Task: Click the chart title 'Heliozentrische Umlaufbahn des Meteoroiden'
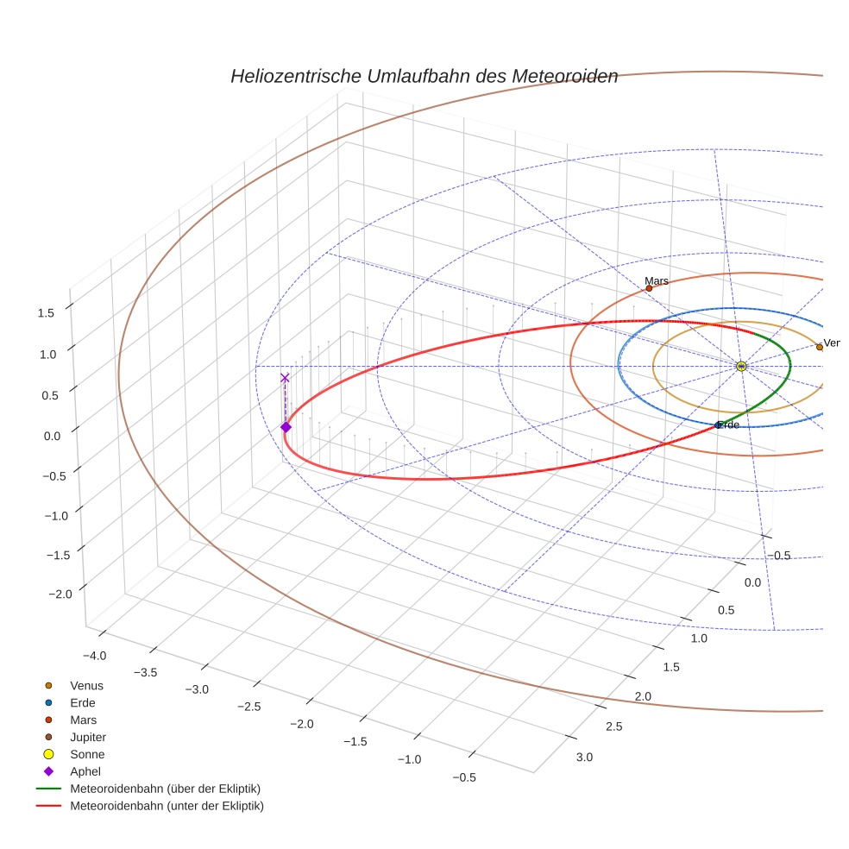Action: [x=424, y=76]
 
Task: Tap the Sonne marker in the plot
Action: [x=741, y=367]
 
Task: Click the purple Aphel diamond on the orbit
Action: [x=286, y=427]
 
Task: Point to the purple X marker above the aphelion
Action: [x=285, y=378]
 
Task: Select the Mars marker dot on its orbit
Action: [x=649, y=288]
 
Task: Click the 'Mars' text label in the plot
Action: [x=657, y=280]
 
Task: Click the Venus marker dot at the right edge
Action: [x=819, y=347]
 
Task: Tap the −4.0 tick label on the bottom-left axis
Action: [x=92, y=656]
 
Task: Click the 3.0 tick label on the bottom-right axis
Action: [x=584, y=758]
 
